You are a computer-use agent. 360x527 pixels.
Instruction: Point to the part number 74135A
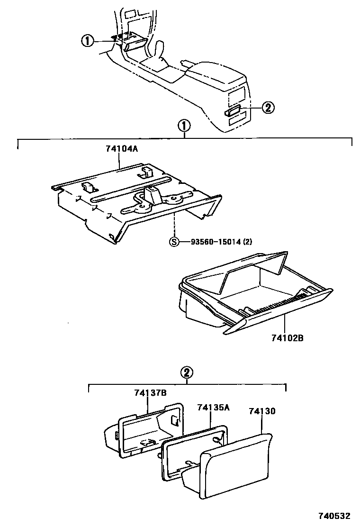coord(213,408)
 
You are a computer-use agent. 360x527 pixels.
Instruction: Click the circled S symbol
coord(175,241)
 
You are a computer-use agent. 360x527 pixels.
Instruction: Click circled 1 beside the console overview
coord(87,42)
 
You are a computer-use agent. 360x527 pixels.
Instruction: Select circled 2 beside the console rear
coord(268,108)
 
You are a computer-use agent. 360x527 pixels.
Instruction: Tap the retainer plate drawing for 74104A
coord(137,199)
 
